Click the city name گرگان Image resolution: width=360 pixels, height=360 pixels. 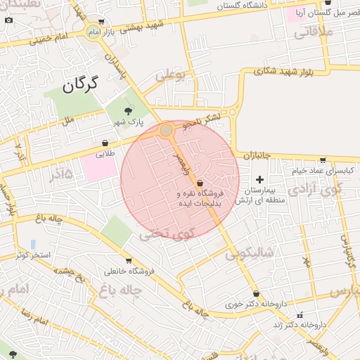(x=78, y=85)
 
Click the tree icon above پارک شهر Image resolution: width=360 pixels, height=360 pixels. (x=128, y=110)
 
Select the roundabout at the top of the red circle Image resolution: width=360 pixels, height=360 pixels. (x=166, y=130)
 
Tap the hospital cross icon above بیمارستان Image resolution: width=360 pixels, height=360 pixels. (x=259, y=179)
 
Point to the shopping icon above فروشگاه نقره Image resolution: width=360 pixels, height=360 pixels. (x=200, y=181)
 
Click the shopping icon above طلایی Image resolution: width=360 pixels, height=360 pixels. (x=105, y=143)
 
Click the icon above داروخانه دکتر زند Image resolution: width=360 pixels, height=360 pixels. (x=300, y=314)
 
